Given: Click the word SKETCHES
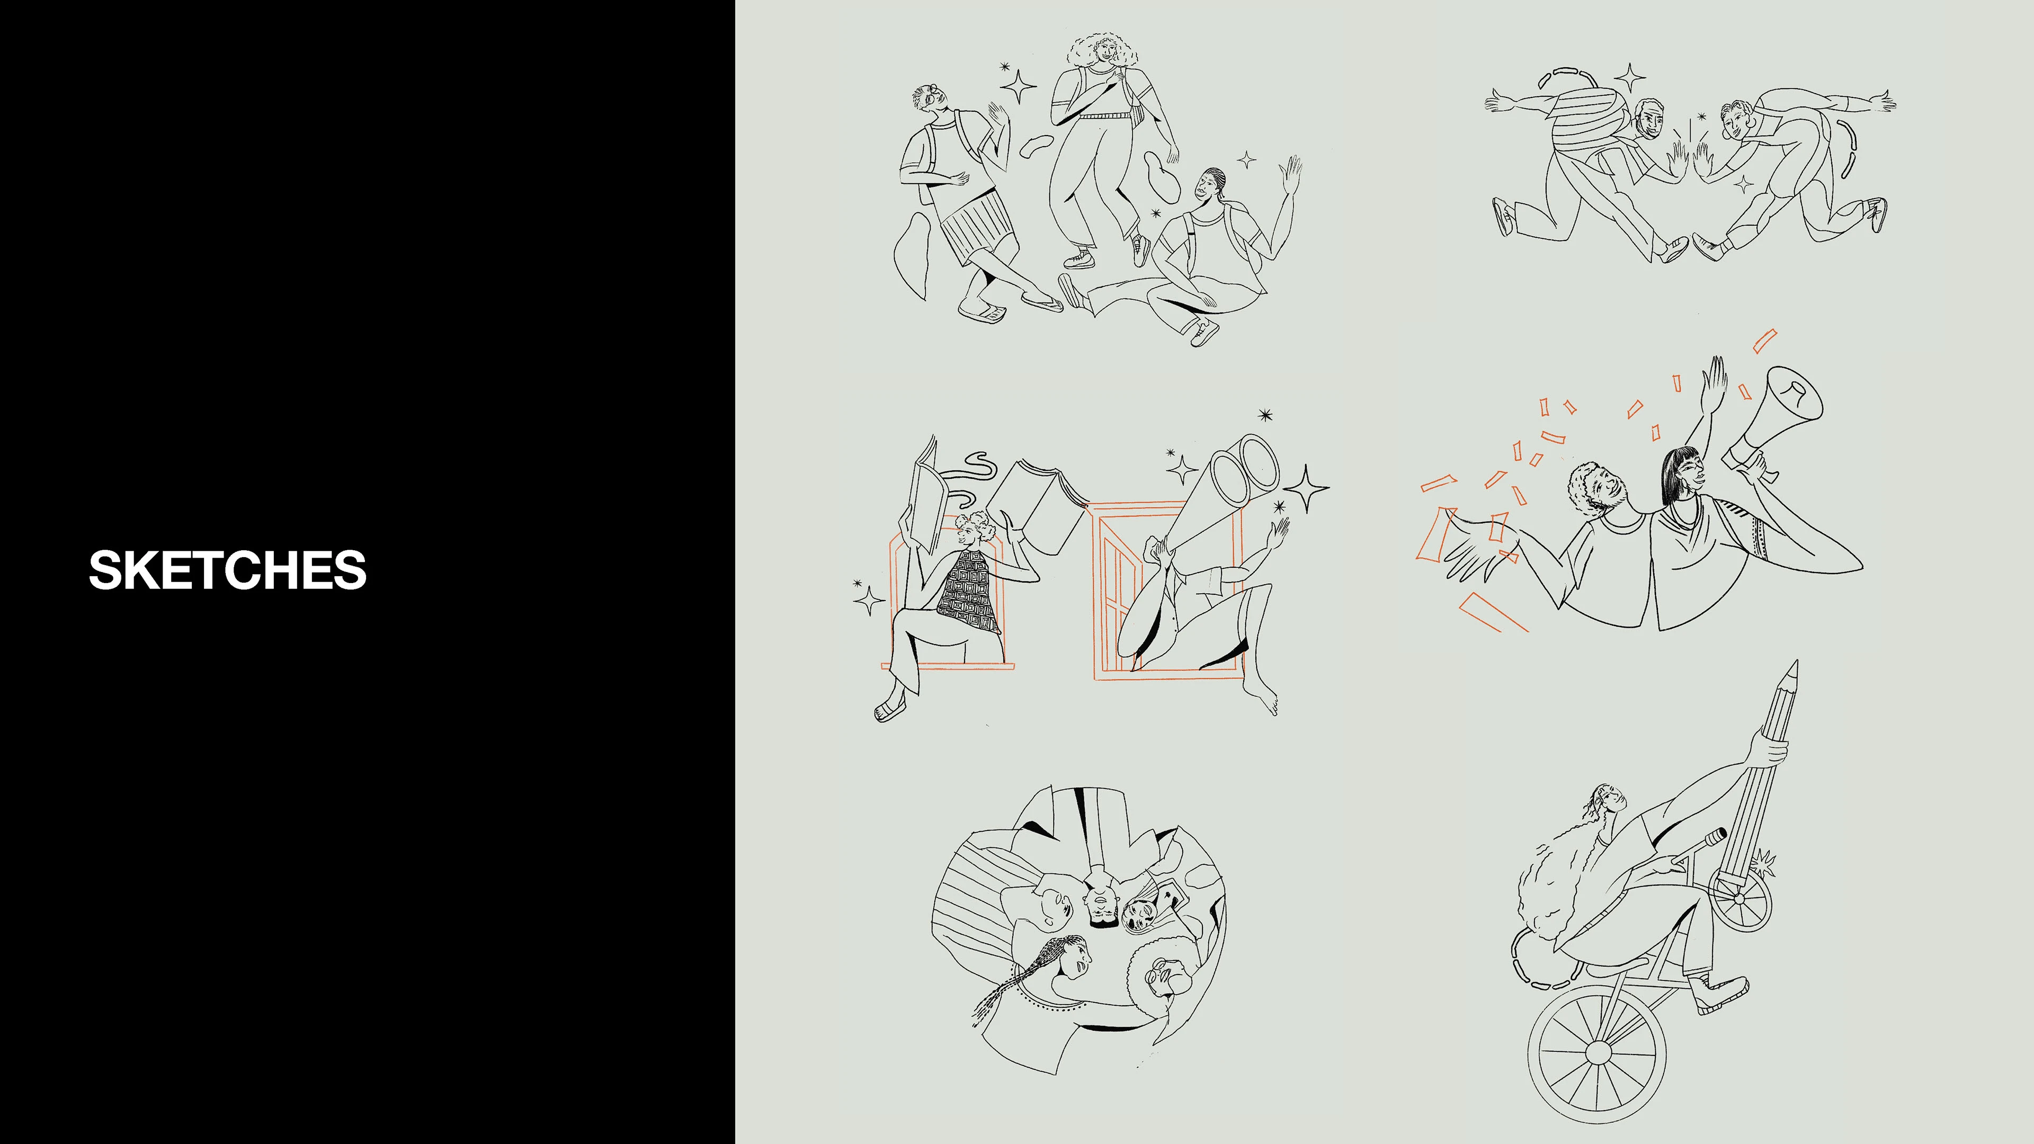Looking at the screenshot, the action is pos(227,570).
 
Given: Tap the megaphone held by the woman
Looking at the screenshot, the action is pos(1777,423).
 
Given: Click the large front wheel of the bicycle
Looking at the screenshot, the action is pos(1596,1052).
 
